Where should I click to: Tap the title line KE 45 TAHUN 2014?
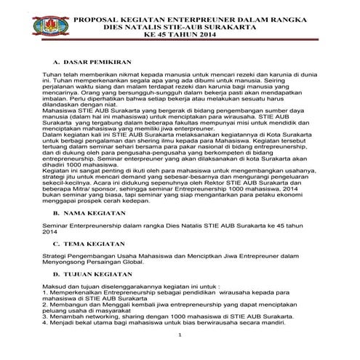click(x=180, y=33)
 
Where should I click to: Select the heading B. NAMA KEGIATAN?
click(x=87, y=216)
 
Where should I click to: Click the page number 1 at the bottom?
click(x=180, y=337)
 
